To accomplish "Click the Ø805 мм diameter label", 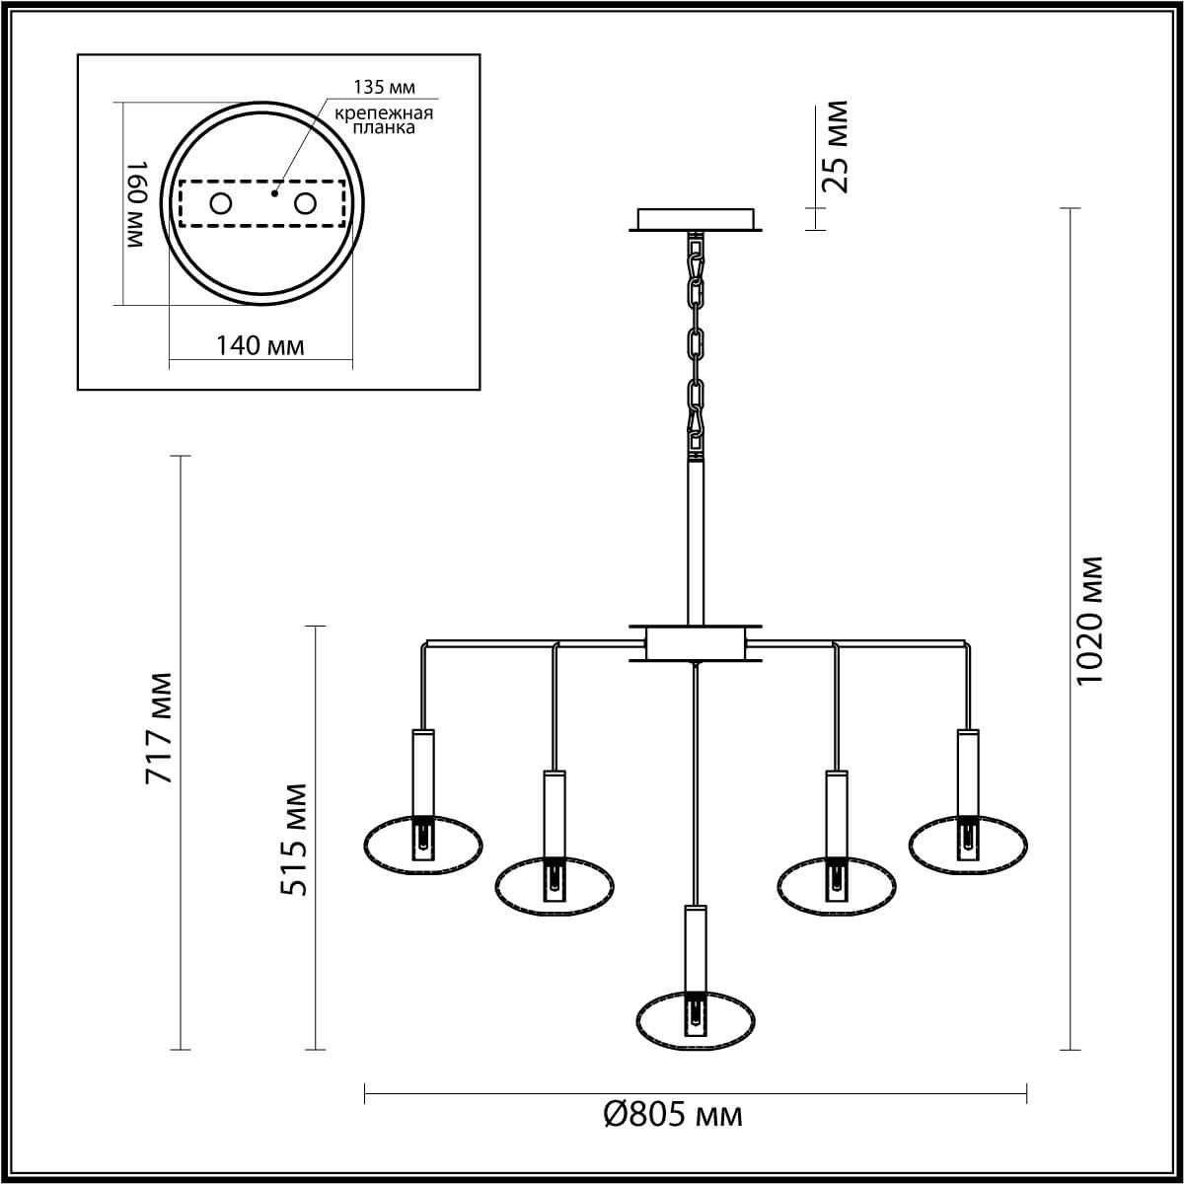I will click(x=672, y=1116).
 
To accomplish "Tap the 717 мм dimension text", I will click(x=160, y=728).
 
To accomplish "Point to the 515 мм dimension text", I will click(x=293, y=840).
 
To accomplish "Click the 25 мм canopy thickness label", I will click(x=835, y=146).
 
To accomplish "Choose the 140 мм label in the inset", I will click(x=259, y=345).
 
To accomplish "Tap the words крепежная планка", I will click(x=383, y=120).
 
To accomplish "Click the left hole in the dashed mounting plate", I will click(x=221, y=204).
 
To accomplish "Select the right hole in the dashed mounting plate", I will click(x=306, y=204).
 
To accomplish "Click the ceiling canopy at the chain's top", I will click(x=696, y=219).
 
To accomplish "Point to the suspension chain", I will click(x=697, y=345).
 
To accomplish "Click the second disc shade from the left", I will click(x=554, y=886).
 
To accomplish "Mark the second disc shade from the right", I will click(x=837, y=886).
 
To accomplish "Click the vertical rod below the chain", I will click(x=696, y=543).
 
